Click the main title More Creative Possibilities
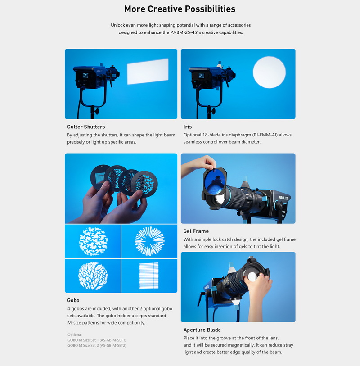[180, 9]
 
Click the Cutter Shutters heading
[86, 127]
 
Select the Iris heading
[188, 127]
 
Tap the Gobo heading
[74, 300]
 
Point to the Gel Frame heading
[196, 231]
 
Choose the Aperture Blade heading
[202, 330]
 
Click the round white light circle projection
[269, 73]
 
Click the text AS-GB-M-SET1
[112, 340]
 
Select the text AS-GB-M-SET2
[112, 345]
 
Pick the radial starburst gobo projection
[149, 241]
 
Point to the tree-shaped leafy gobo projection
[93, 276]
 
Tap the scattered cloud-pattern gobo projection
[93, 241]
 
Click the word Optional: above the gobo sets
[75, 334]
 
